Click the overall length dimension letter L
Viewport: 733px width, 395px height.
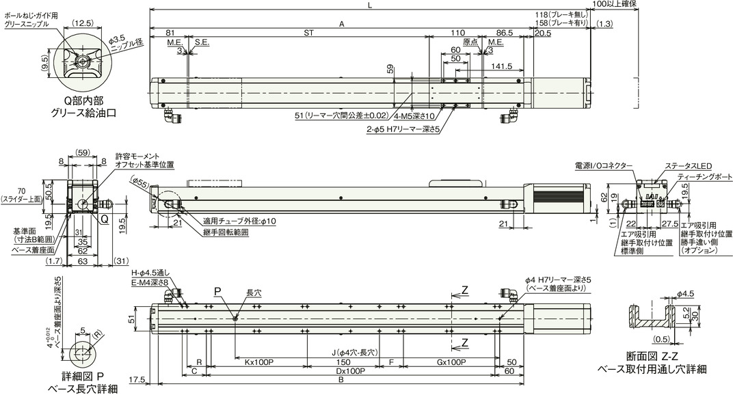tap(369, 6)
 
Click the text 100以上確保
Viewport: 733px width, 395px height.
tap(615, 5)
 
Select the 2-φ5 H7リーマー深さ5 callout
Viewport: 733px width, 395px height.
tap(403, 127)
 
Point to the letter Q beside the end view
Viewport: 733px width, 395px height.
tap(105, 219)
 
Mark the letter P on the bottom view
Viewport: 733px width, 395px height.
tap(217, 292)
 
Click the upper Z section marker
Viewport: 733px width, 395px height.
tap(465, 290)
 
